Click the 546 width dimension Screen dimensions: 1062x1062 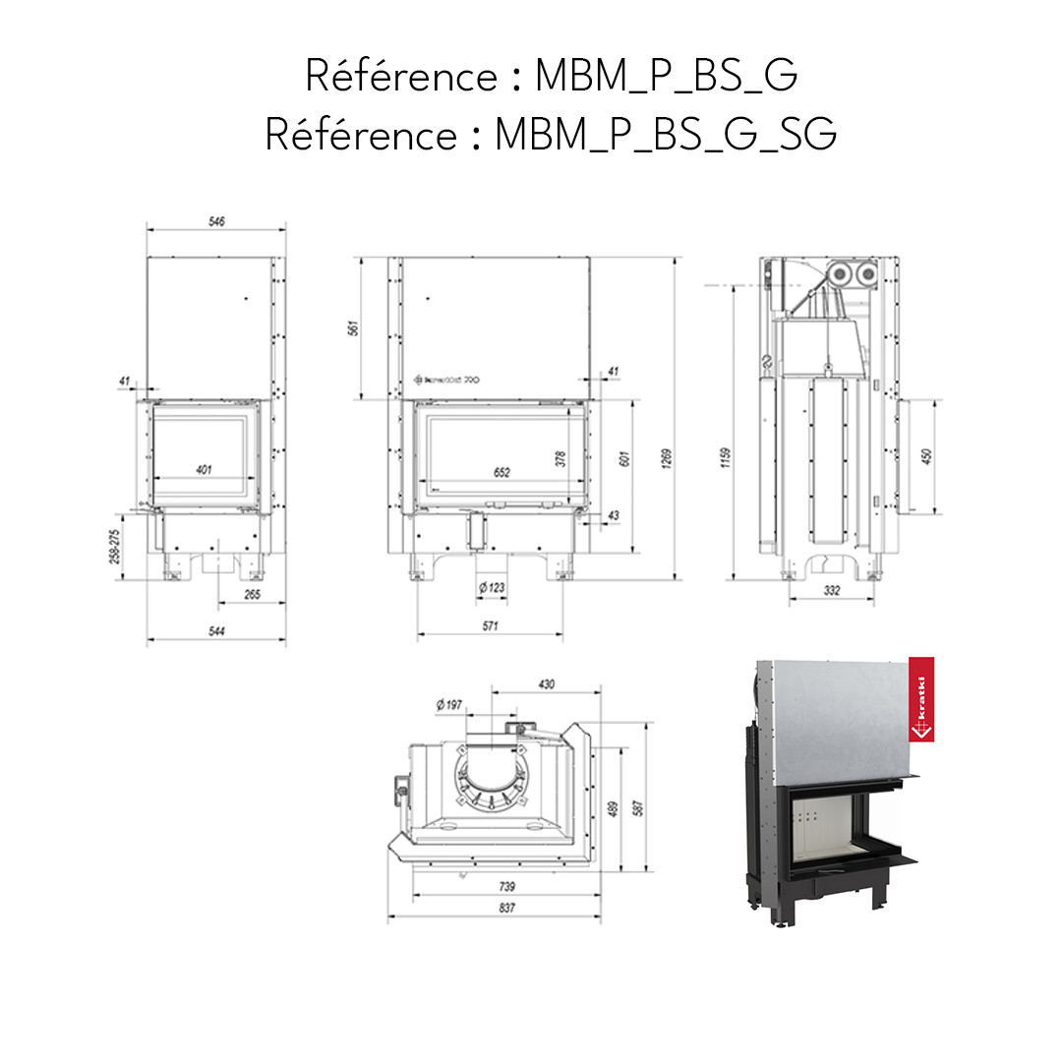pos(217,222)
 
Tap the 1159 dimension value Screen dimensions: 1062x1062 pos(726,458)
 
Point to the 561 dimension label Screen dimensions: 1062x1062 pos(354,329)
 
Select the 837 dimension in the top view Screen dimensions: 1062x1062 pos(506,908)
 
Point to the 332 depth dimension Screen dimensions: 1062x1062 pos(832,589)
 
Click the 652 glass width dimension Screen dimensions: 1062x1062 pos(501,473)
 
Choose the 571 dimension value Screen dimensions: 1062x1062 pos(491,626)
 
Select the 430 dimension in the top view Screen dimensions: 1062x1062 pos(547,683)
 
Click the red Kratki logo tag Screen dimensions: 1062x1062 pos(921,699)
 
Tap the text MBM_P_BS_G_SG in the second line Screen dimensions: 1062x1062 pos(666,136)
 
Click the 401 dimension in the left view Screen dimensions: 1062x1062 pos(204,470)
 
